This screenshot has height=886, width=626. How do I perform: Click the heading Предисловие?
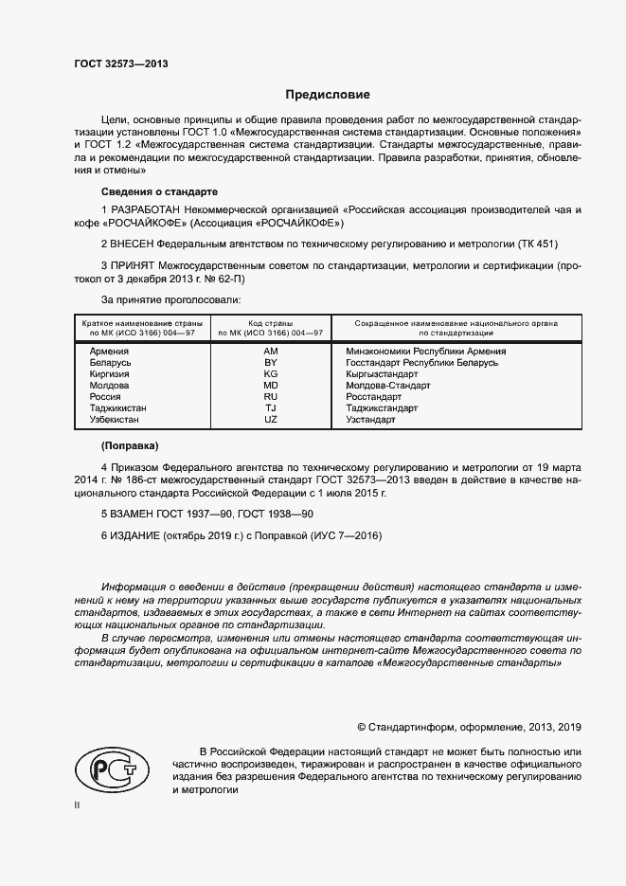pos(329,95)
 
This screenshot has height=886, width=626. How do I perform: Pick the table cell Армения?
pos(109,352)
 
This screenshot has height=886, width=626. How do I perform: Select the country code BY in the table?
pos(270,363)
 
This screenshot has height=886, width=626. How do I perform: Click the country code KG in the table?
pos(270,374)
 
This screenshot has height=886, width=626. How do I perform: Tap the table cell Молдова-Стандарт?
pos(388,386)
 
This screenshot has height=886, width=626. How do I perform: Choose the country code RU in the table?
pos(270,397)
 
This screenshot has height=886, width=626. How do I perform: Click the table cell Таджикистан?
pos(118,407)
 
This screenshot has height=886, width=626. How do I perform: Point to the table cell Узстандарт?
pos(371,419)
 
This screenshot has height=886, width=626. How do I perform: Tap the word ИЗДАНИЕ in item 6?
pos(137,535)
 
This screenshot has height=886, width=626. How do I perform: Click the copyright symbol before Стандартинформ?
pos(362,727)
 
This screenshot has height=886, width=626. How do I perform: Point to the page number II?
pos(78,805)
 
